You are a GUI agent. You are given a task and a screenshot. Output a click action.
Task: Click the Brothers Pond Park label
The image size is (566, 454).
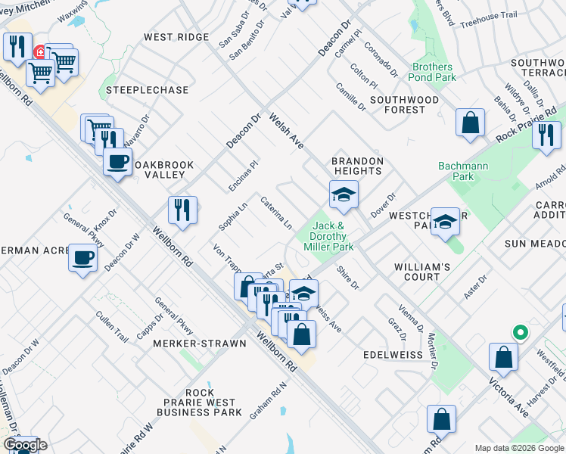pyautogui.click(x=433, y=72)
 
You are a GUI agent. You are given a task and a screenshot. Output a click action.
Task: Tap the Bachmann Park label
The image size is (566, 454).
pyautogui.click(x=463, y=171)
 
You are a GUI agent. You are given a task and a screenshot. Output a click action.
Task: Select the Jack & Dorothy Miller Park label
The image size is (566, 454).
pyautogui.click(x=328, y=236)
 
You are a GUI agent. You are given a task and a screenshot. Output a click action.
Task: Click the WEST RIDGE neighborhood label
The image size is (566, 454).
pyautogui.click(x=176, y=37)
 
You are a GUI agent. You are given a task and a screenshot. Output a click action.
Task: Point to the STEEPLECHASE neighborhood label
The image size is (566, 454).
pyautogui.click(x=147, y=90)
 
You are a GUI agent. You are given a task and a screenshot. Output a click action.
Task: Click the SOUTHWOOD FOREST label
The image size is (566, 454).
pyautogui.click(x=404, y=104)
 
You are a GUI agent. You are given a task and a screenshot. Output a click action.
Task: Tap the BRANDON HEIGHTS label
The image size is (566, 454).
pyautogui.click(x=358, y=166)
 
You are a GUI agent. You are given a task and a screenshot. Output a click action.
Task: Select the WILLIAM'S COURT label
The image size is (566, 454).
pyautogui.click(x=422, y=272)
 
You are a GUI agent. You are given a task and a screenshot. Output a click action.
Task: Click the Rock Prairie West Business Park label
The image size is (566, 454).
pyautogui.click(x=200, y=403)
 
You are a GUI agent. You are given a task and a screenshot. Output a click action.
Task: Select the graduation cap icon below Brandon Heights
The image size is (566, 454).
pyautogui.click(x=343, y=195)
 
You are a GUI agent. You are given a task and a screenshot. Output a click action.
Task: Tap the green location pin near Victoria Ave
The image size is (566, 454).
pyautogui.click(x=520, y=332)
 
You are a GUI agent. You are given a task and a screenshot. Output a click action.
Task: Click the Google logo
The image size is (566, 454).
pyautogui.click(x=24, y=445)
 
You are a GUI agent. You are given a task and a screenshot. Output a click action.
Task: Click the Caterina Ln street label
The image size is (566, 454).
pyautogui.click(x=276, y=213)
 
